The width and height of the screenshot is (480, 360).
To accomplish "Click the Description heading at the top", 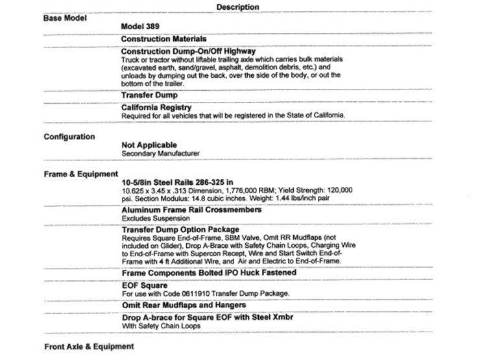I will pyautogui.click(x=237, y=7).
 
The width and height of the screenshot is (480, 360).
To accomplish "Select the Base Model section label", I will pyautogui.click(x=65, y=17).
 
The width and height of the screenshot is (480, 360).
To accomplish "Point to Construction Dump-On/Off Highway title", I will pyautogui.click(x=188, y=51).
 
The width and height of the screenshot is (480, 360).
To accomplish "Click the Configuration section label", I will pyautogui.click(x=69, y=137).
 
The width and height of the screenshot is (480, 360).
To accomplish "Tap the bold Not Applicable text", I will pyautogui.click(x=149, y=145).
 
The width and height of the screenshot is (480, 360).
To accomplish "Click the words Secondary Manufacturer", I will pyautogui.click(x=160, y=154).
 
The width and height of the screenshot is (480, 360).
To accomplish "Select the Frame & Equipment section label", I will pyautogui.click(x=80, y=174).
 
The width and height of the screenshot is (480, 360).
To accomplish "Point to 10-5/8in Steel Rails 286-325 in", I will pyautogui.click(x=186, y=183).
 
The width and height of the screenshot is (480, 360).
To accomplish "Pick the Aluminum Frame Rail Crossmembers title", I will pyautogui.click(x=191, y=211).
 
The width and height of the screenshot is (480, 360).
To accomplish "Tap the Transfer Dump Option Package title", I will pyautogui.click(x=180, y=230).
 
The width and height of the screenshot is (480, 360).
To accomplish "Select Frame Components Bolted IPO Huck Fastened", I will pyautogui.click(x=209, y=273).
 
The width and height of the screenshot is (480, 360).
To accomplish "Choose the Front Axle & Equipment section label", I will pyautogui.click(x=88, y=346).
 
